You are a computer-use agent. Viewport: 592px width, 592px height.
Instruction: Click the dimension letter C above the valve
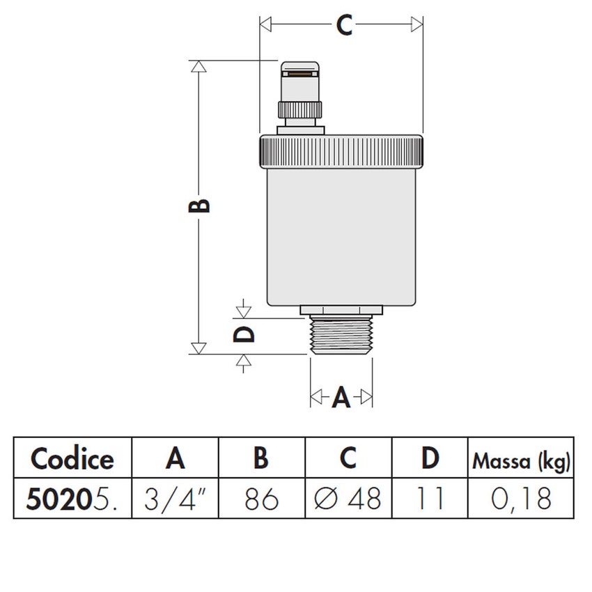point(344,25)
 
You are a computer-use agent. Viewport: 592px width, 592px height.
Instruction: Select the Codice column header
point(72,459)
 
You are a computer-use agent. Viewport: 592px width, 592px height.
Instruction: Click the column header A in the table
point(176,459)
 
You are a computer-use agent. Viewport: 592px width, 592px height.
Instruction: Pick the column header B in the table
point(261,459)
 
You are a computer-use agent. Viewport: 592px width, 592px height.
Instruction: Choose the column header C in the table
point(348,459)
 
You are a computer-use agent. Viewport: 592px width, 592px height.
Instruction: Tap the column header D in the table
point(430,459)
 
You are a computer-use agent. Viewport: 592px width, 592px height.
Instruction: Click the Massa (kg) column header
point(521,460)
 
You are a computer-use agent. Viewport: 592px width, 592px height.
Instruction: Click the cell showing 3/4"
point(176,499)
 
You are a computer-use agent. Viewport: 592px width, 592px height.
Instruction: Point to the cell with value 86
point(261,499)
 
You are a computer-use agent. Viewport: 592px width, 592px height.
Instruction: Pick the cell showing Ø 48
point(348,499)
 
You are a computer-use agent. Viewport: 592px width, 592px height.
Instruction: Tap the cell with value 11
point(430,499)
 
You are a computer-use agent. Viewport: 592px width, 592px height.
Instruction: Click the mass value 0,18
point(521,499)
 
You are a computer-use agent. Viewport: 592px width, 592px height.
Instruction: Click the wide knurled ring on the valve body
point(341,151)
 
